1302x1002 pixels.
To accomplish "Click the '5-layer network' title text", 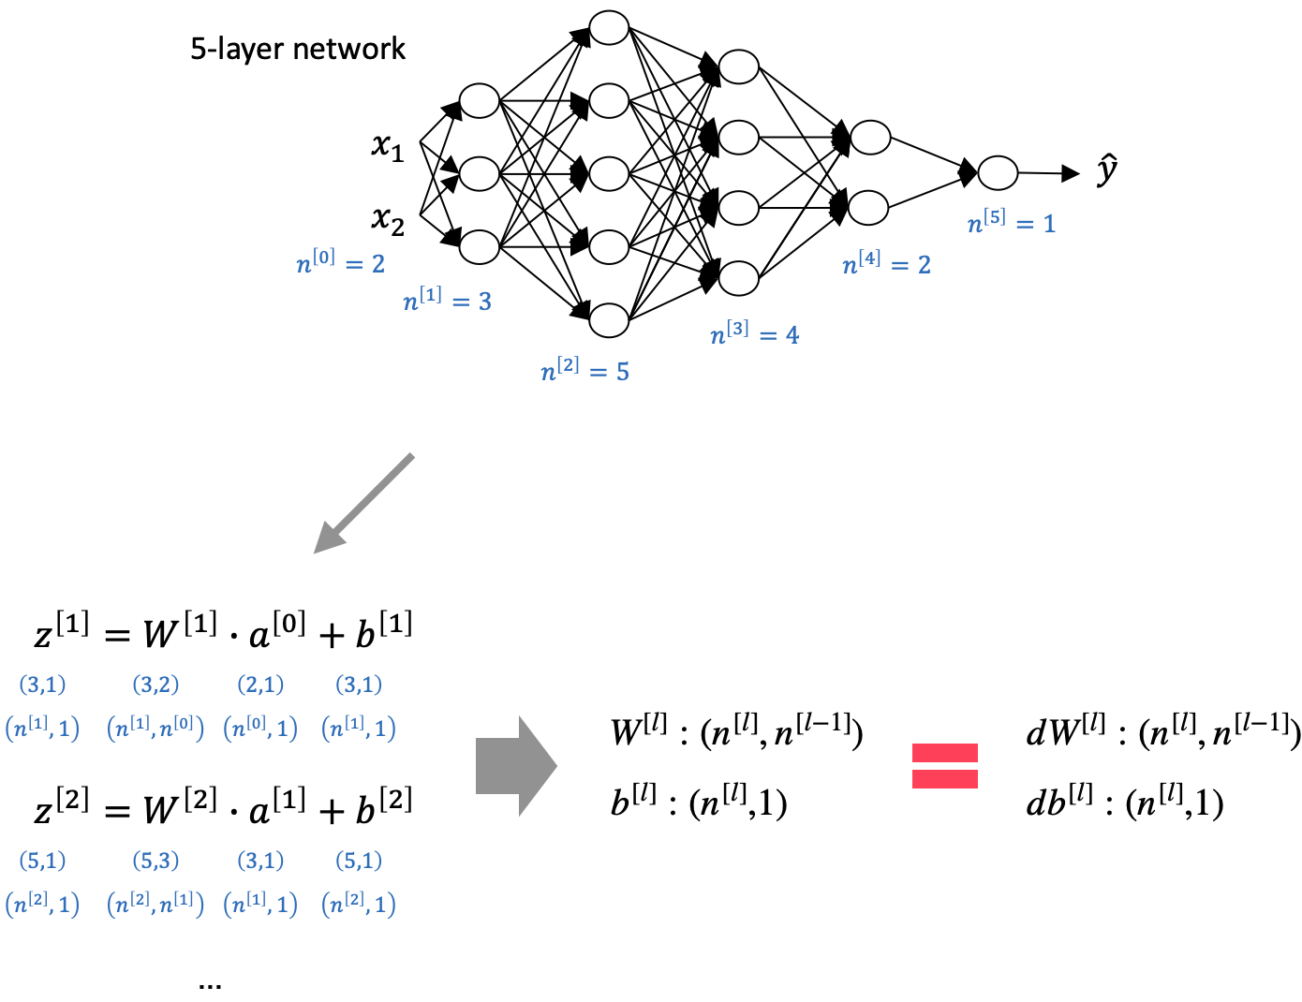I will point(298,49).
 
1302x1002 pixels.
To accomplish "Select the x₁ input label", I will point(388,146).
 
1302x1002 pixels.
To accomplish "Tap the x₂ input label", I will point(388,219).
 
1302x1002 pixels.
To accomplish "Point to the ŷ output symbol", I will point(1107,170).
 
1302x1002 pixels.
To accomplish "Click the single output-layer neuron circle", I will point(998,173).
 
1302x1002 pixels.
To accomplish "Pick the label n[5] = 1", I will point(1012,223).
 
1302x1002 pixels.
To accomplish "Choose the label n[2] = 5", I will point(585,371).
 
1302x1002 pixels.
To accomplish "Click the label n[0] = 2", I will point(341,263).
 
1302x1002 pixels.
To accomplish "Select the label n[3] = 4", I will point(755,333).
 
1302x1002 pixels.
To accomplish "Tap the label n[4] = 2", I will point(887,264).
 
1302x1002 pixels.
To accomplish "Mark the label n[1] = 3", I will point(448,301).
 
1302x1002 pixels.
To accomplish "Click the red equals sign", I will point(945,766).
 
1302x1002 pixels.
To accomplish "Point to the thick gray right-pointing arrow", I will point(516,766).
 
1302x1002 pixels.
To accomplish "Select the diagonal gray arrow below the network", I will point(363,504).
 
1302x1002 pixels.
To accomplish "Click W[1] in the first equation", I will point(179,631).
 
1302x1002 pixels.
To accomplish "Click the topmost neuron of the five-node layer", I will point(609,27).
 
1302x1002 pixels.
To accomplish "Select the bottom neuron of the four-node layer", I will point(739,278).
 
